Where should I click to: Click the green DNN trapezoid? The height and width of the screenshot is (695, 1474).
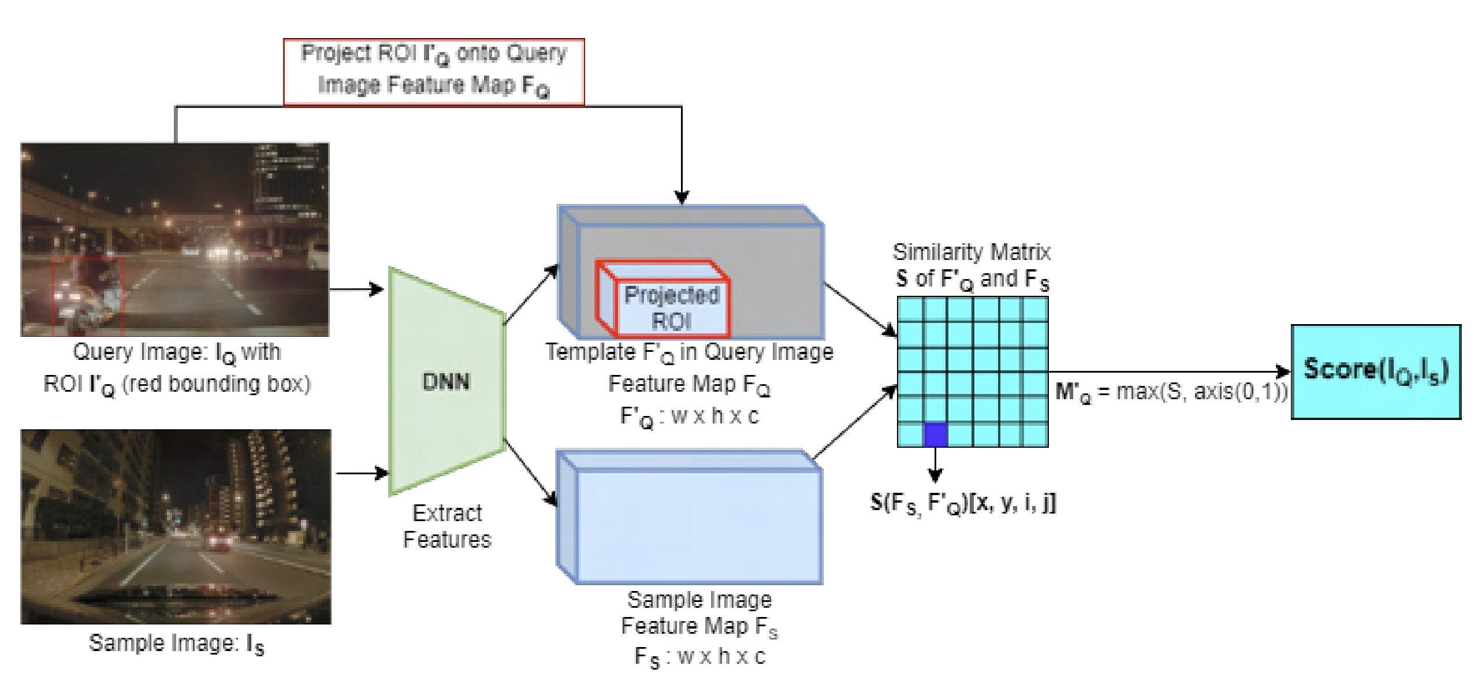447,381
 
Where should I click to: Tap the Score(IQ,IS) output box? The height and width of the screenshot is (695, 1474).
1376,371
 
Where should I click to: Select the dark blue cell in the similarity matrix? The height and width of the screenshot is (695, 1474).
936,434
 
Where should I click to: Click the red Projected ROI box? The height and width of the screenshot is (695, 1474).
663,299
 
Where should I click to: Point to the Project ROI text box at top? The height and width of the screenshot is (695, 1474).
434,72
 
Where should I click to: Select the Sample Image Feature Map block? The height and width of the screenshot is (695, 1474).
689,516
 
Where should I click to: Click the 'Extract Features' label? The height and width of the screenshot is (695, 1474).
447,526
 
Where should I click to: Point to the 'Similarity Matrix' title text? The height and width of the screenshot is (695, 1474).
971,252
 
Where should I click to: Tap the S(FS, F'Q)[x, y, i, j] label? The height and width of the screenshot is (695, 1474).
963,504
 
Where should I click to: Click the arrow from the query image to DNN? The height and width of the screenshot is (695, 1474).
356,289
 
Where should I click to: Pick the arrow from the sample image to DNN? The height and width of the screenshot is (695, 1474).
362,473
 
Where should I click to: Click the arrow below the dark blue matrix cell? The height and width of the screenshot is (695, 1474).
935,464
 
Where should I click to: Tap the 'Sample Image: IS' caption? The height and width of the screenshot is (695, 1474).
177,644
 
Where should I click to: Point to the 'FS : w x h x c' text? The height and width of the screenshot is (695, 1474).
699,657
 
